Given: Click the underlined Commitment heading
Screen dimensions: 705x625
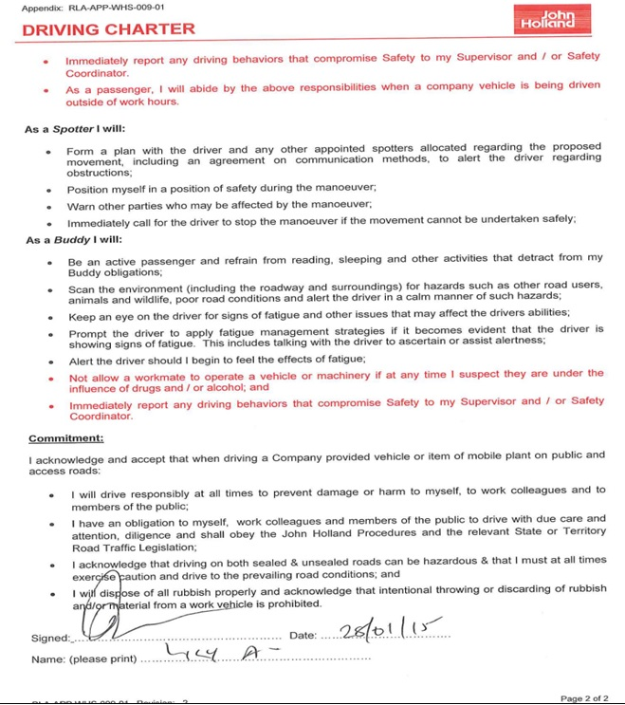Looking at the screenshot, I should (x=66, y=438).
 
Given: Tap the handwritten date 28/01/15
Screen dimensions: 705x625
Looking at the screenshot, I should (x=380, y=630).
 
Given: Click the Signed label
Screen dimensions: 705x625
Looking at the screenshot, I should (x=50, y=639).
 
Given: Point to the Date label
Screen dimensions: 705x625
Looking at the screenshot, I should (x=302, y=635).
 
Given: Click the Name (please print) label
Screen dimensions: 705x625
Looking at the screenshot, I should (x=83, y=659).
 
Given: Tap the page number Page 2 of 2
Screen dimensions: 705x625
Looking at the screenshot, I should (x=582, y=698).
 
